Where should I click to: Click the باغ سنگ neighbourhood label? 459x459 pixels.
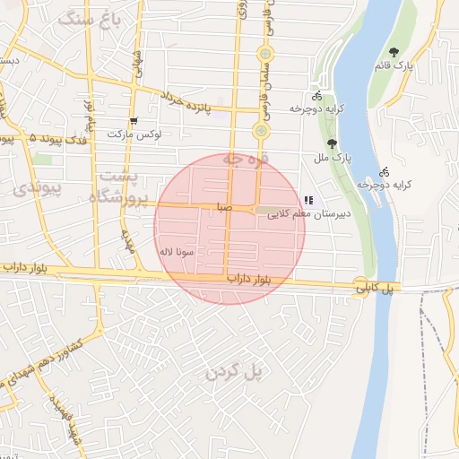[87, 19]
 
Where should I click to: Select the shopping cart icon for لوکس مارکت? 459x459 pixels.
[134, 120]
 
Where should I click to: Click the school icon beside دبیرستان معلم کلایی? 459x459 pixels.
[308, 200]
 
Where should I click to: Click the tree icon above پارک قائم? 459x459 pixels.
[394, 51]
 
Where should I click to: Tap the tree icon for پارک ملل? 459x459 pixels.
[333, 143]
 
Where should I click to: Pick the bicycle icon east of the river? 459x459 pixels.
[384, 170]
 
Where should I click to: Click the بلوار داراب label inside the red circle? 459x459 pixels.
[250, 279]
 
